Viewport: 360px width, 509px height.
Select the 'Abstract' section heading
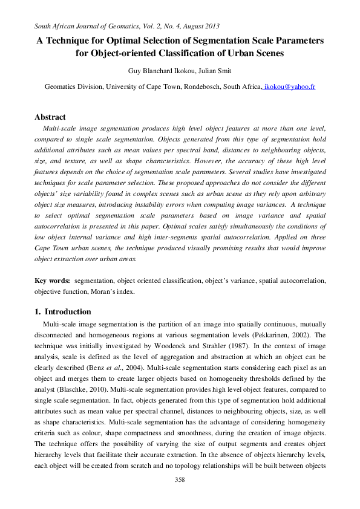[50, 117]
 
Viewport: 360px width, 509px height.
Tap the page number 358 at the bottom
[179, 480]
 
